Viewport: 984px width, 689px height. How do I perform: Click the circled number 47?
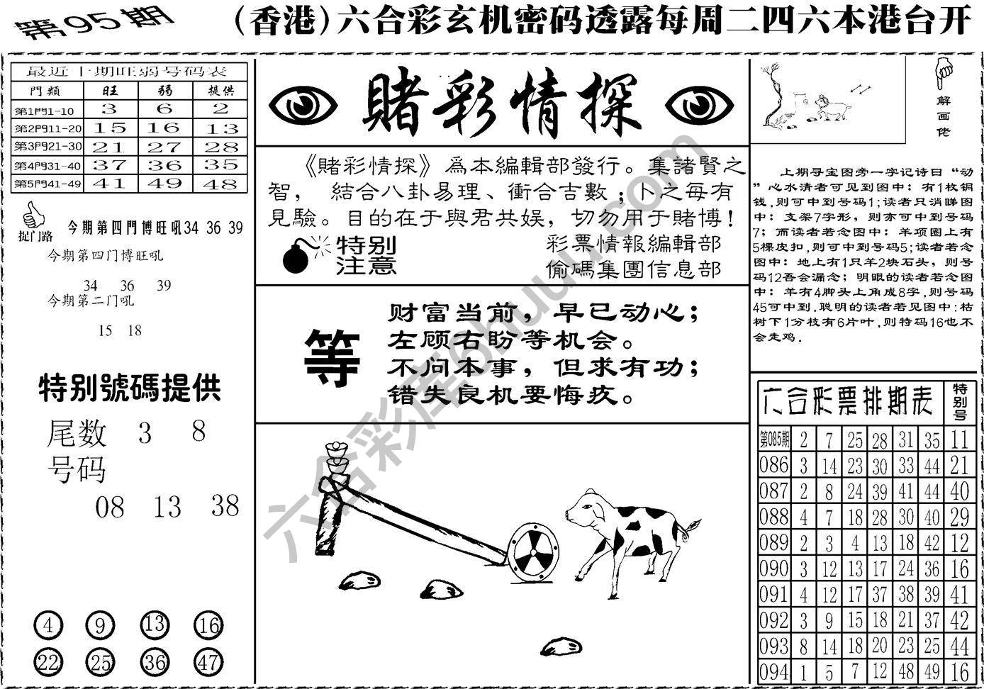208,662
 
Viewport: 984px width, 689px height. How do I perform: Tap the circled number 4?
48,626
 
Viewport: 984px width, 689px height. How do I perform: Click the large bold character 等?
332,359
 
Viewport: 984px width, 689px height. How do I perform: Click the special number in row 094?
959,671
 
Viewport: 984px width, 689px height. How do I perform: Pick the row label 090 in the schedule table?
773,568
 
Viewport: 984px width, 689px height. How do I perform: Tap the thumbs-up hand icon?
33,215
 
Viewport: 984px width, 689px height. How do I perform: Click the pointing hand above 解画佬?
944,72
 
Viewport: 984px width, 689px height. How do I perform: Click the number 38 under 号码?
225,506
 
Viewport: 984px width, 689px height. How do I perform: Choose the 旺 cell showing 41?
109,184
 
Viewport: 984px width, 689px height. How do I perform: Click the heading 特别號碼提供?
129,388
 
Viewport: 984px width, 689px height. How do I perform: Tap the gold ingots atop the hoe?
335,459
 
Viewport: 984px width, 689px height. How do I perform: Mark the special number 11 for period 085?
959,439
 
